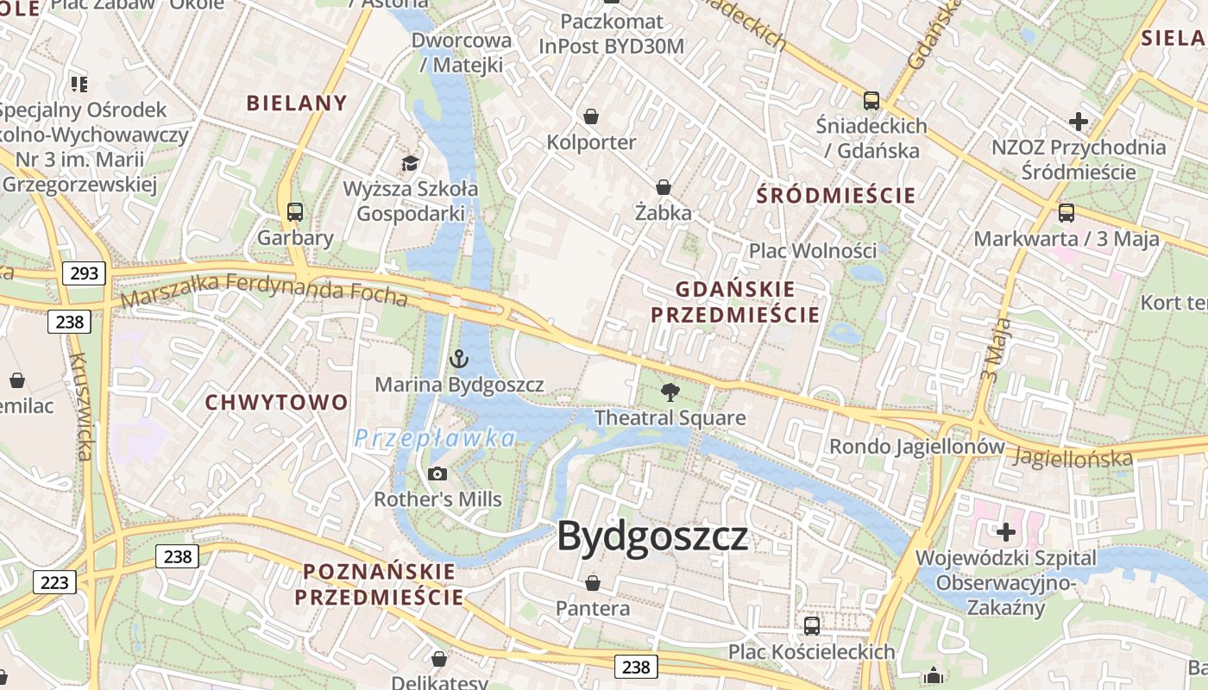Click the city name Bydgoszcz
click(x=652, y=536)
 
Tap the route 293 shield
click(x=84, y=274)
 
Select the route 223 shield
click(x=54, y=582)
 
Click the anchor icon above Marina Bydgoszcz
click(x=459, y=359)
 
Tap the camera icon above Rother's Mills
click(x=437, y=474)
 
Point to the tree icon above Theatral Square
click(x=670, y=393)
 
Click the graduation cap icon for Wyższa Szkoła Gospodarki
click(x=410, y=163)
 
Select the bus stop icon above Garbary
click(x=295, y=211)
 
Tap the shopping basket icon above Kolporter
click(x=591, y=116)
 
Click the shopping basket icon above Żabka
click(x=664, y=186)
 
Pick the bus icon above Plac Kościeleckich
click(x=812, y=625)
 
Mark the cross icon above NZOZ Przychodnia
click(x=1078, y=121)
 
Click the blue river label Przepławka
click(x=435, y=438)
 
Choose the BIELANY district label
click(x=297, y=103)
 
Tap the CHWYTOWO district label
click(x=276, y=402)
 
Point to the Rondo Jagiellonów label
click(x=917, y=447)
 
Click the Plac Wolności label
click(x=812, y=251)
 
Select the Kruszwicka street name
click(x=80, y=405)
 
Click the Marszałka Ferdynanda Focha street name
click(x=264, y=291)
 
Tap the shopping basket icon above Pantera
click(x=592, y=583)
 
